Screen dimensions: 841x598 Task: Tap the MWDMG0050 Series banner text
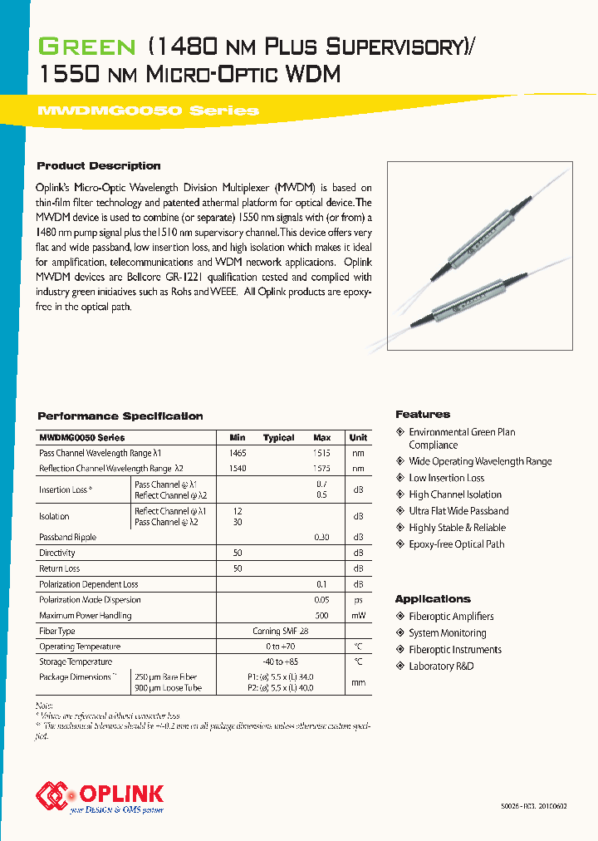(149, 111)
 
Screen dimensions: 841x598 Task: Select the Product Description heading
(99, 165)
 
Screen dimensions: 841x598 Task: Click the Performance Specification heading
(120, 416)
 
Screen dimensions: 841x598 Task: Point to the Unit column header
(358, 437)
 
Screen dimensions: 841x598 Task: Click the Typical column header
(279, 437)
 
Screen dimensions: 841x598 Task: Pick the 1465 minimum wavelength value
(238, 453)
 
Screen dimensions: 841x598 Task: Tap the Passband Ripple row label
(68, 537)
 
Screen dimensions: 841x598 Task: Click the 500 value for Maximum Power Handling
(321, 616)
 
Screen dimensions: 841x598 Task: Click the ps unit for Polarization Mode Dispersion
(358, 600)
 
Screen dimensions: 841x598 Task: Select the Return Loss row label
(60, 568)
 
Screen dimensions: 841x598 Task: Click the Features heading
(423, 414)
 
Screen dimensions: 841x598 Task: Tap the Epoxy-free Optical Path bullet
(456, 544)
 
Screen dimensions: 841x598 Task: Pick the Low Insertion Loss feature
(446, 478)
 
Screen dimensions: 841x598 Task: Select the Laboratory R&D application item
(441, 666)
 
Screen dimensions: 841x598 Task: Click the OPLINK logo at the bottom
(100, 795)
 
